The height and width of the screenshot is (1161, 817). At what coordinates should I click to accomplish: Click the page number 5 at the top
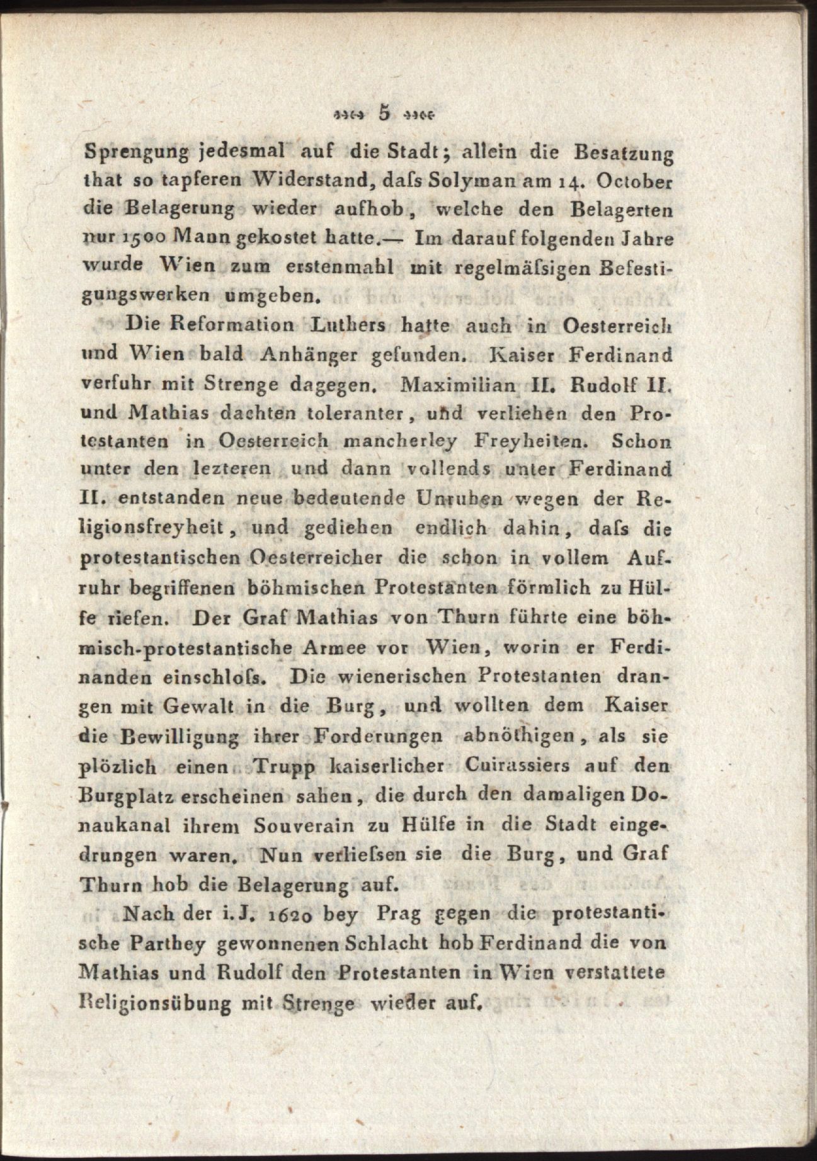tap(384, 114)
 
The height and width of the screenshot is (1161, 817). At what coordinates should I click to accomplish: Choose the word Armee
tap(341, 647)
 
